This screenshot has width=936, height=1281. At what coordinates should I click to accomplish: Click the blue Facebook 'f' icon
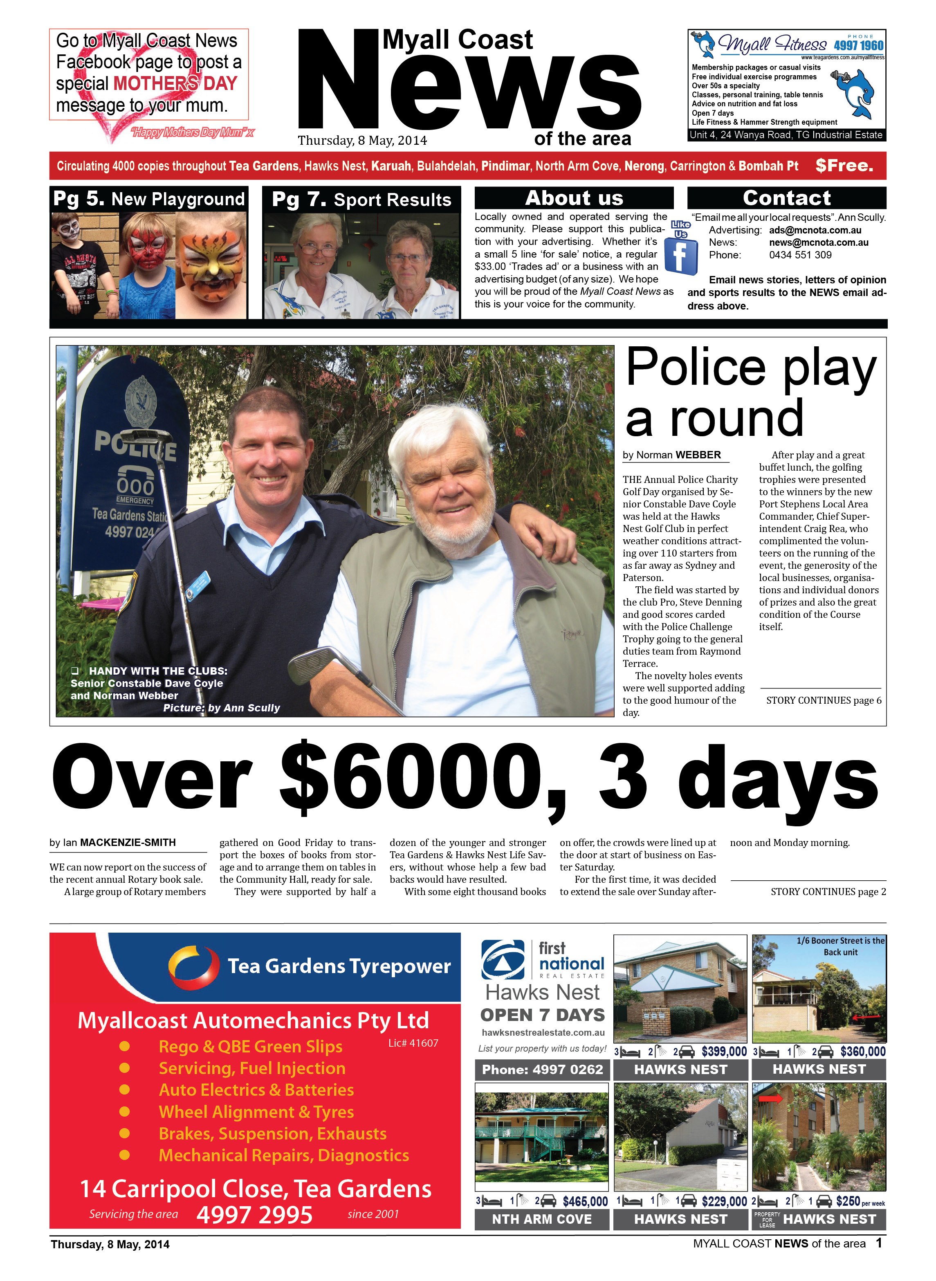pyautogui.click(x=680, y=256)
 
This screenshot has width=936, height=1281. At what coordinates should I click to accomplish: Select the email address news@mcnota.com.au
pyautogui.click(x=818, y=242)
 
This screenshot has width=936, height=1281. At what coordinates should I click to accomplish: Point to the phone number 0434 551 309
pyautogui.click(x=800, y=255)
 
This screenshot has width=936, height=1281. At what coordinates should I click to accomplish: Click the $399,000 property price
pyautogui.click(x=724, y=1052)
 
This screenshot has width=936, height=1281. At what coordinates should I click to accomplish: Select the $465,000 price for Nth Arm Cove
pyautogui.click(x=585, y=1201)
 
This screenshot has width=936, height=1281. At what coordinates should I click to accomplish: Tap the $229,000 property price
pyautogui.click(x=724, y=1201)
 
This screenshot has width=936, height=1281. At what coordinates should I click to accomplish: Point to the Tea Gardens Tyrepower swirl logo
pyautogui.click(x=193, y=966)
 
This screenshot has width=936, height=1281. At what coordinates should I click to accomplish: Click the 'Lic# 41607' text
pyautogui.click(x=413, y=1043)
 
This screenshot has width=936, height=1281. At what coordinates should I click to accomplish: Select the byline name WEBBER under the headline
pyautogui.click(x=698, y=455)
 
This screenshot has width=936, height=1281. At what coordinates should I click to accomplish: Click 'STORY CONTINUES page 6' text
pyautogui.click(x=823, y=700)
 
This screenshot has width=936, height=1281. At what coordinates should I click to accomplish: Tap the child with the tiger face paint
pyautogui.click(x=210, y=265)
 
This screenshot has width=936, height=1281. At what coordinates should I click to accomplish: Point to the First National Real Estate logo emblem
pyautogui.click(x=503, y=960)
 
